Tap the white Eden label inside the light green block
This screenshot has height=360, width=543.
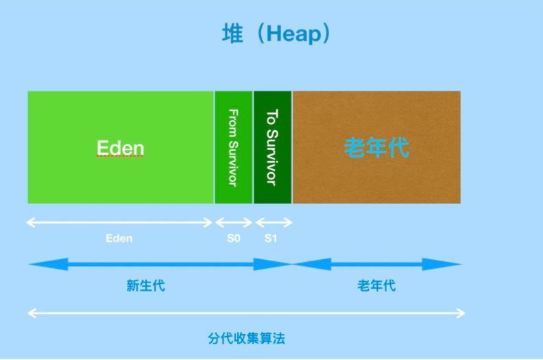pyautogui.click(x=121, y=148)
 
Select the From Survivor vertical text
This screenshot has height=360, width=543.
pyautogui.click(x=233, y=147)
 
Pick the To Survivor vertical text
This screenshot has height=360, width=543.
pyautogui.click(x=272, y=147)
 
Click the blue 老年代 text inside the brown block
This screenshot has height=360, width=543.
pyautogui.click(x=376, y=147)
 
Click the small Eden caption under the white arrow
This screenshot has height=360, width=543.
pyautogui.click(x=119, y=239)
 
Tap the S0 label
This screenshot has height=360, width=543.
pyautogui.click(x=233, y=239)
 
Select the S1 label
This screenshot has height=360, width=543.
pyautogui.click(x=271, y=239)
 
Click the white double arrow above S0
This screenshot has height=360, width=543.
pyautogui.click(x=234, y=222)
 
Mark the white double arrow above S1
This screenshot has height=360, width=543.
pyautogui.click(x=274, y=222)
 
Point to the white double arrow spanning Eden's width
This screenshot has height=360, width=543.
pyautogui.click(x=120, y=222)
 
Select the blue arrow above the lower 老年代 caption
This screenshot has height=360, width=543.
pyautogui.click(x=377, y=264)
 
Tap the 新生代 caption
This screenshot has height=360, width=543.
pyautogui.click(x=145, y=286)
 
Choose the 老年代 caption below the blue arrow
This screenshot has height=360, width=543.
pyautogui.click(x=376, y=286)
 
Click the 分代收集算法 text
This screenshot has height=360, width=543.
pyautogui.click(x=245, y=338)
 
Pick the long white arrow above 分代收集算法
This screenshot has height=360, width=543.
pyautogui.click(x=246, y=314)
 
